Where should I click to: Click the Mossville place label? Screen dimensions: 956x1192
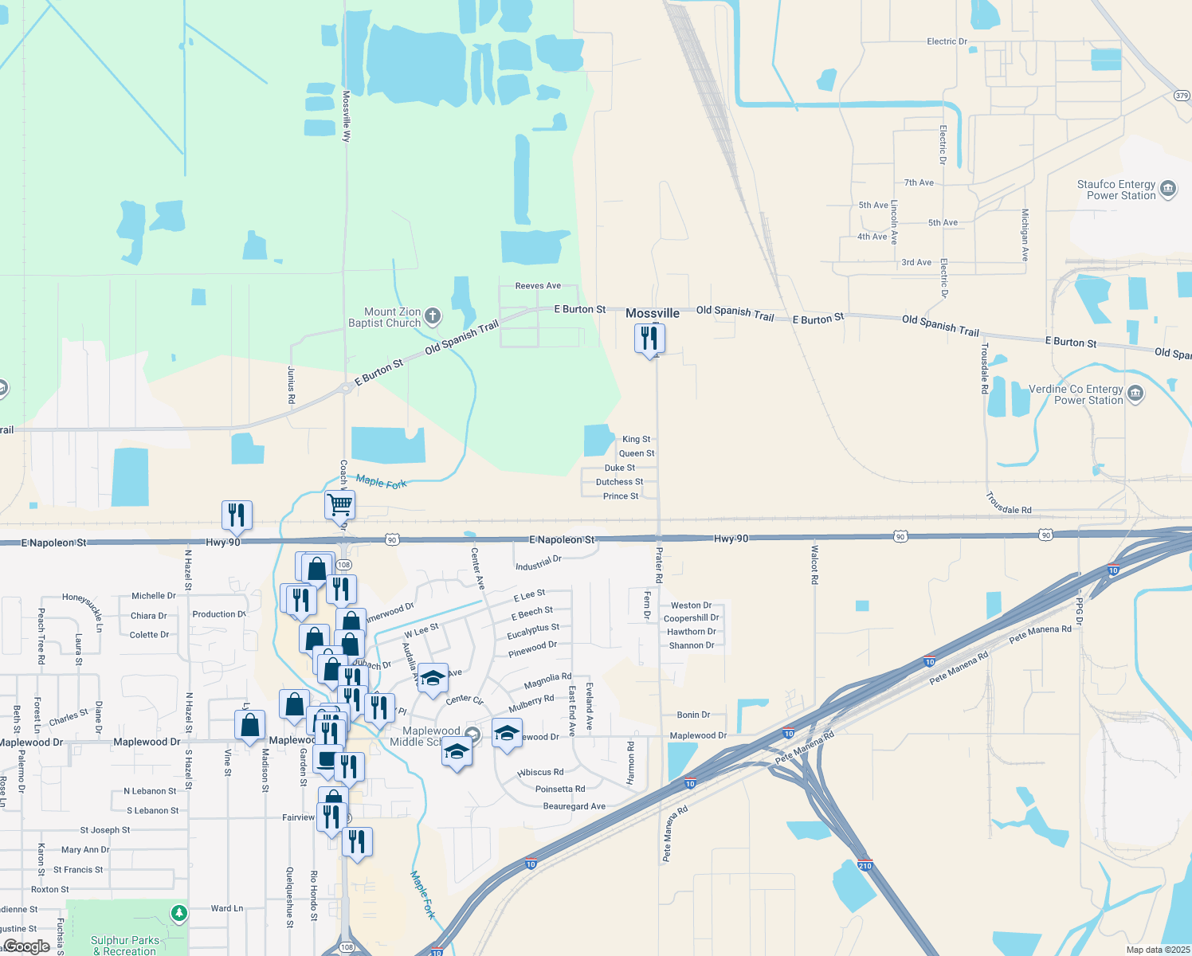coord(653,313)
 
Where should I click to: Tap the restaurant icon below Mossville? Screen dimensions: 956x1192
coord(650,339)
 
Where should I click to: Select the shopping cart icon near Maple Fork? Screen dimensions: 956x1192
coord(340,504)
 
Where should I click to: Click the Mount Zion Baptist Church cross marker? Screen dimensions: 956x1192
coord(433,317)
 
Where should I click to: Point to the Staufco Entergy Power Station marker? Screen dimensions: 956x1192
coord(1168,189)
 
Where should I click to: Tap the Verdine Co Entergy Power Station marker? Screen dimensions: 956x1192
coord(1135,394)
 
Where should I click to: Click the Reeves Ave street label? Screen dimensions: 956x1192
coord(538,286)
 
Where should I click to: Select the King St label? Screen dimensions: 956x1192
coord(636,439)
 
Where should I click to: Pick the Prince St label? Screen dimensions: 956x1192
coord(621,496)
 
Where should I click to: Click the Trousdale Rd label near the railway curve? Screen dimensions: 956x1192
coord(1008,503)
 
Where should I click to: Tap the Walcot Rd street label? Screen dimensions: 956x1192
coord(814,565)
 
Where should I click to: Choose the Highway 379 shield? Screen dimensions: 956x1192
coord(1182,96)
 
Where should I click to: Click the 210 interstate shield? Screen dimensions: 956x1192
coord(865,865)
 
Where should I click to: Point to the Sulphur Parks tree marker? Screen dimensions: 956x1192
coord(179,913)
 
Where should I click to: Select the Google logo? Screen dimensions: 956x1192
coord(27,946)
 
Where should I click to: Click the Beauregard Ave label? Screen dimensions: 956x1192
coord(574,806)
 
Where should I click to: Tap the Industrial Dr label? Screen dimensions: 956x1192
coord(538,564)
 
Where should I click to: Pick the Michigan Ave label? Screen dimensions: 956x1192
coord(1025,236)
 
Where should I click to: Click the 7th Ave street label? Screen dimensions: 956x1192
coord(919,183)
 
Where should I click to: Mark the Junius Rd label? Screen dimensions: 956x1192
coord(292,385)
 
